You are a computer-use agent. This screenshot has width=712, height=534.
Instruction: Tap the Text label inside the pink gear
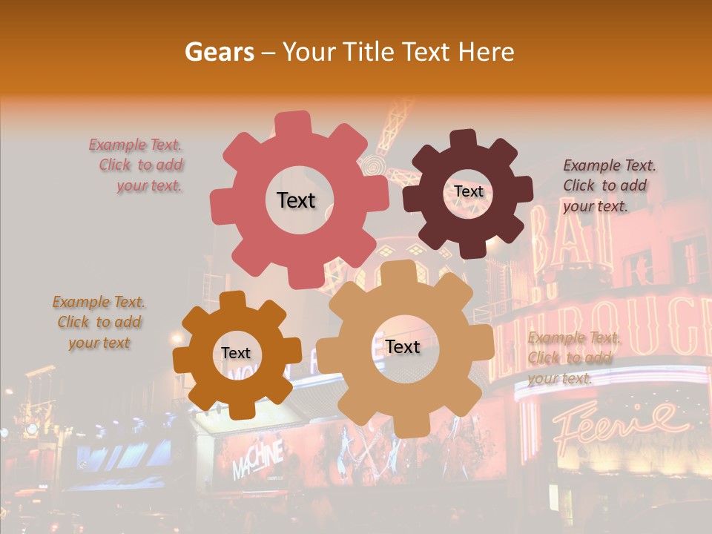296,200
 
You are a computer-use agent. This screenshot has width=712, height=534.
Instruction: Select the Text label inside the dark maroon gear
468,191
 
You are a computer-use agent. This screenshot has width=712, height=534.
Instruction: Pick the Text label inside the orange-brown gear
236,354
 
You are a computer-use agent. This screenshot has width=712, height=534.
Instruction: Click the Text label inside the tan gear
402,346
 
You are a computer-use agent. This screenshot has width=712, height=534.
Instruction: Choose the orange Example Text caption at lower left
99,322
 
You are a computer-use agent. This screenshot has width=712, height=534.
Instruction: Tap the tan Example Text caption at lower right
573,358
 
